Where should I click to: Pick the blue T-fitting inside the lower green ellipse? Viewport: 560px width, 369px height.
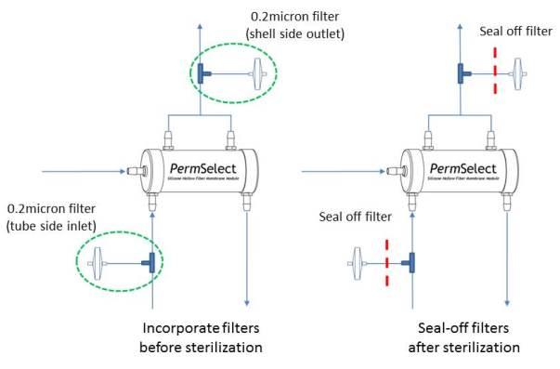146,264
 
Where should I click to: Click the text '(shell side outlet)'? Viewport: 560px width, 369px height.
293,35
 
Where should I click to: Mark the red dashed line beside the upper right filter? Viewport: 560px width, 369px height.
495,71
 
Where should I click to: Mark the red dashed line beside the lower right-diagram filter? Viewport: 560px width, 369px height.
384,264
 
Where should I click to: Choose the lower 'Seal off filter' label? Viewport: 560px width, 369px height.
353,217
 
